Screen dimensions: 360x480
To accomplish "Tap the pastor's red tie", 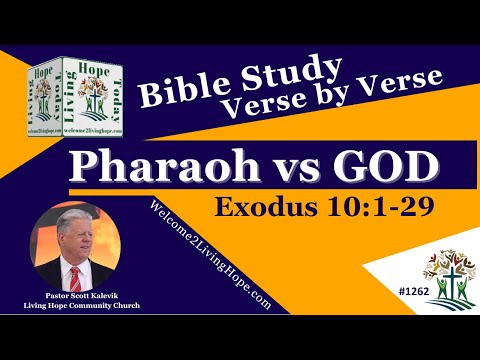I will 77,291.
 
